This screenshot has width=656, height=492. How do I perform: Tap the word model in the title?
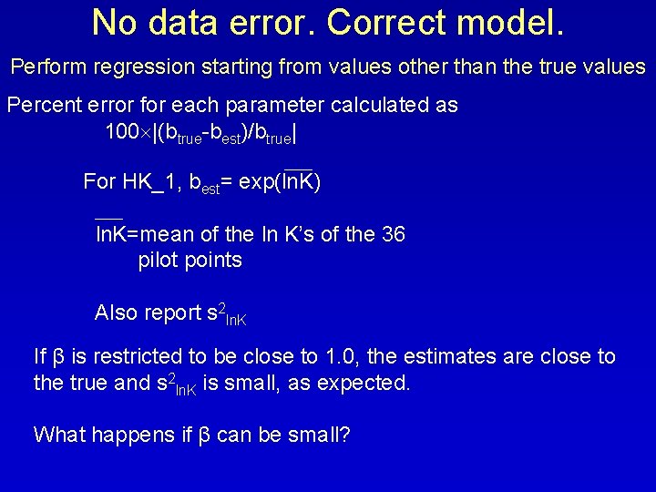pos(512,22)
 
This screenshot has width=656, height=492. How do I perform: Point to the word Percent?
pos(43,105)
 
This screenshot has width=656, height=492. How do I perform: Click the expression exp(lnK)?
pos(282,181)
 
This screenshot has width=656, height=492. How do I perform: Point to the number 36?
pos(394,234)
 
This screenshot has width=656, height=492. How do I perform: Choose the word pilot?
pos(159,260)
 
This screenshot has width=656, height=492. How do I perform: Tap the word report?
pos(175,313)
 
